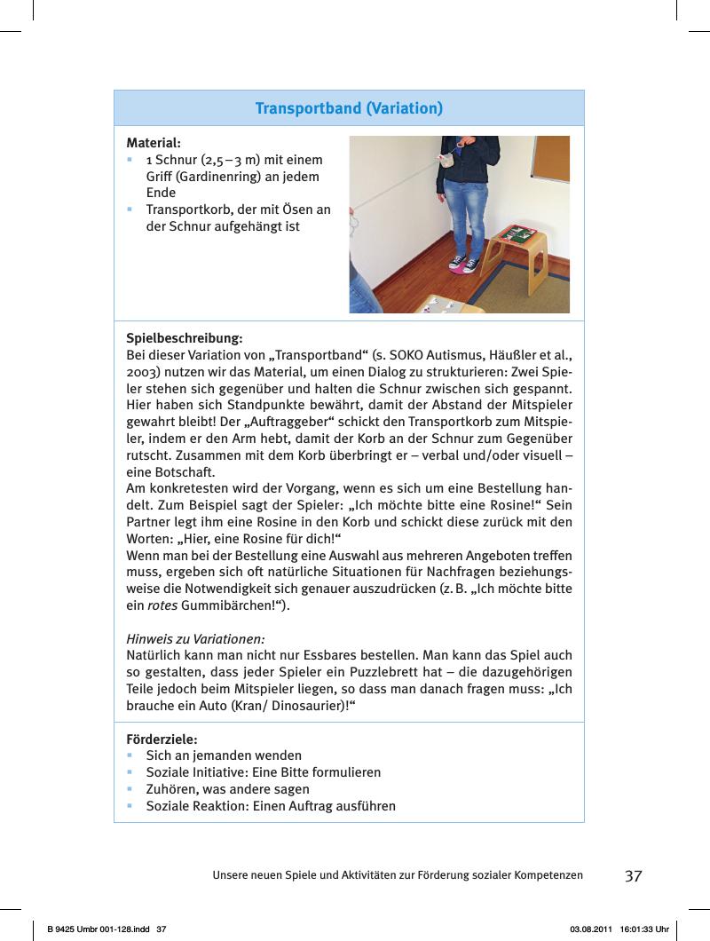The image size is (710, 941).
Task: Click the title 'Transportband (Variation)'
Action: click(x=349, y=109)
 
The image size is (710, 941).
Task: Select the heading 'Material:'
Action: click(x=154, y=142)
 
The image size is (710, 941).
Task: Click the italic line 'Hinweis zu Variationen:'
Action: click(x=196, y=638)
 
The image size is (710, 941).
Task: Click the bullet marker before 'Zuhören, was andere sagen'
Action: click(x=130, y=789)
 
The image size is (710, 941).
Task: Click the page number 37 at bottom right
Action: click(x=633, y=876)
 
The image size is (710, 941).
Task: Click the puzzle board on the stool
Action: click(x=518, y=236)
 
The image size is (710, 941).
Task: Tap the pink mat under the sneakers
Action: click(x=461, y=268)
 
